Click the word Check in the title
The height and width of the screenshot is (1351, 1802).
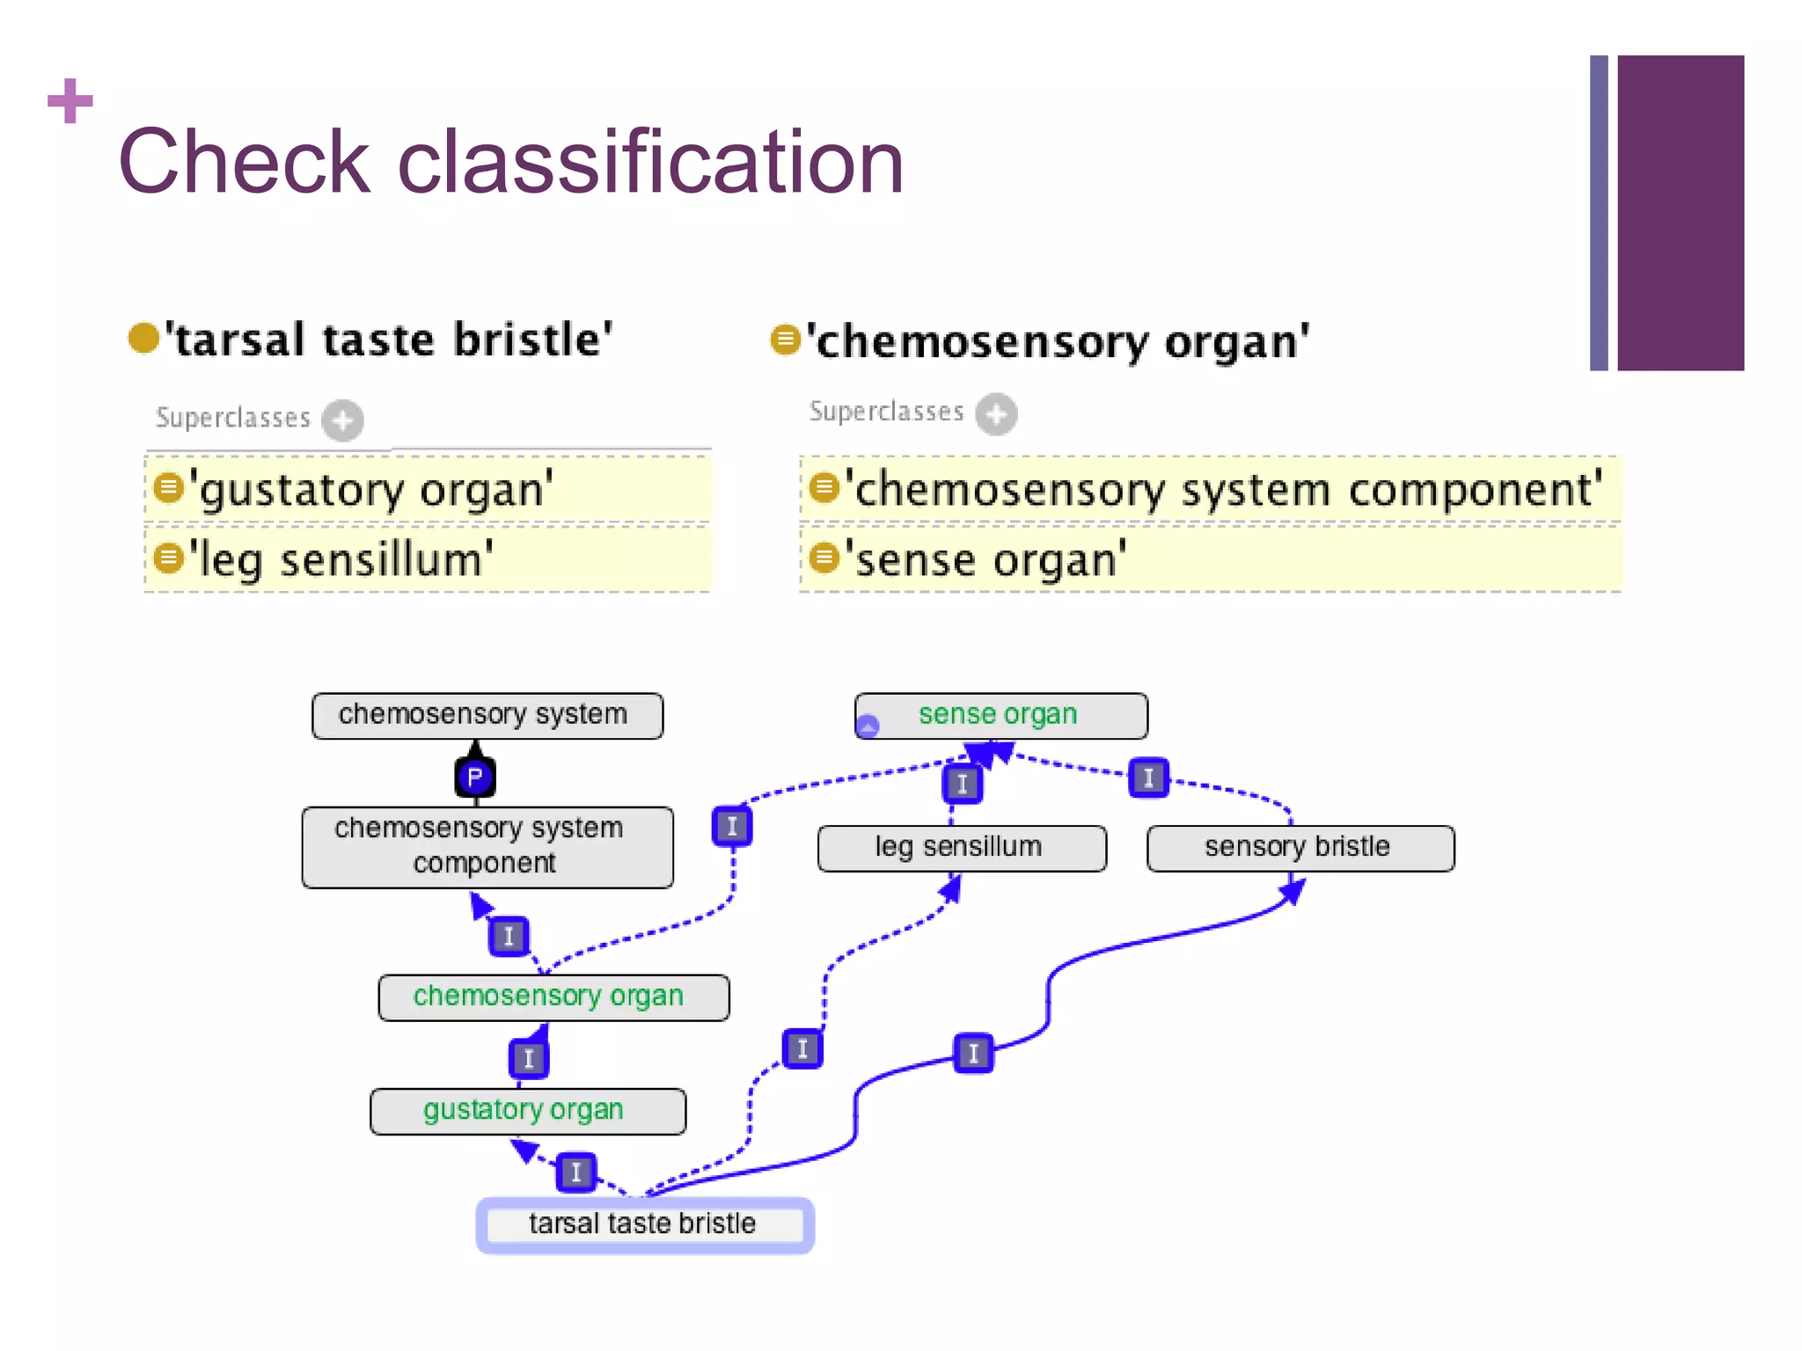pyautogui.click(x=244, y=163)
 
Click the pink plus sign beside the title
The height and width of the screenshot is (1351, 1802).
pyautogui.click(x=70, y=101)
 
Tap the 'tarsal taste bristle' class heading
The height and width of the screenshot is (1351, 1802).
pyautogui.click(x=387, y=340)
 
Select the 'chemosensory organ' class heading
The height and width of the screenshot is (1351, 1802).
pyautogui.click(x=1056, y=341)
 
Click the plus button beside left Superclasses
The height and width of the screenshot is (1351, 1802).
pyautogui.click(x=342, y=420)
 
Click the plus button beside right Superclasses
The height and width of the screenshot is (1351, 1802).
pyautogui.click(x=996, y=414)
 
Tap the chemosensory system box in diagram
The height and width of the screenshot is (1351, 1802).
pyautogui.click(x=487, y=715)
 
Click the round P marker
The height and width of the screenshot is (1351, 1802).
pyautogui.click(x=475, y=777)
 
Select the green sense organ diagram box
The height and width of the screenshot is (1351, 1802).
pyautogui.click(x=1000, y=715)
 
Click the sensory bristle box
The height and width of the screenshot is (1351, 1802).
pyautogui.click(x=1300, y=848)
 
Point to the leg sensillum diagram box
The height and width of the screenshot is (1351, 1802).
pyautogui.click(x=961, y=848)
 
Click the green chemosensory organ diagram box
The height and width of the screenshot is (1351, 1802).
pyautogui.click(x=553, y=997)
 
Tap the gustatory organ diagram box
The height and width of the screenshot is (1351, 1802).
pyautogui.click(x=527, y=1111)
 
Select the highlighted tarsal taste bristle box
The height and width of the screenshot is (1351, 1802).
pyautogui.click(x=644, y=1224)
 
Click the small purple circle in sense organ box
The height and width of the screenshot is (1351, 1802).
pyautogui.click(x=868, y=727)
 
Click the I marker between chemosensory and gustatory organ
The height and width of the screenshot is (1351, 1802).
pyautogui.click(x=529, y=1058)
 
